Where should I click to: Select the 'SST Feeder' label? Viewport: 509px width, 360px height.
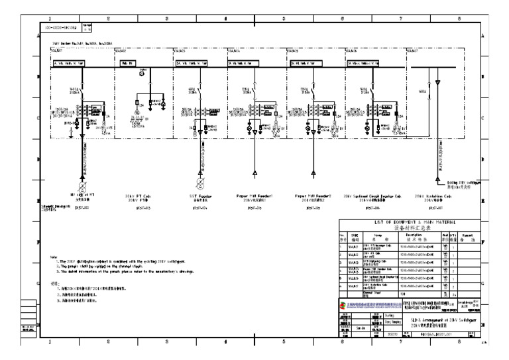point(199,197)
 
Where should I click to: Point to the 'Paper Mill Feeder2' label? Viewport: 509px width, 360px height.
point(312,196)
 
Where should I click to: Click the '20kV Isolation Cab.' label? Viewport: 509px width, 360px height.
point(433,197)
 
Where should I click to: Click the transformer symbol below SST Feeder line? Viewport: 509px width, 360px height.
point(199,183)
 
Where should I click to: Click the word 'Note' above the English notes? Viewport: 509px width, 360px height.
point(54,257)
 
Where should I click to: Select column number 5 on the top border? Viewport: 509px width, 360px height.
point(284,18)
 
